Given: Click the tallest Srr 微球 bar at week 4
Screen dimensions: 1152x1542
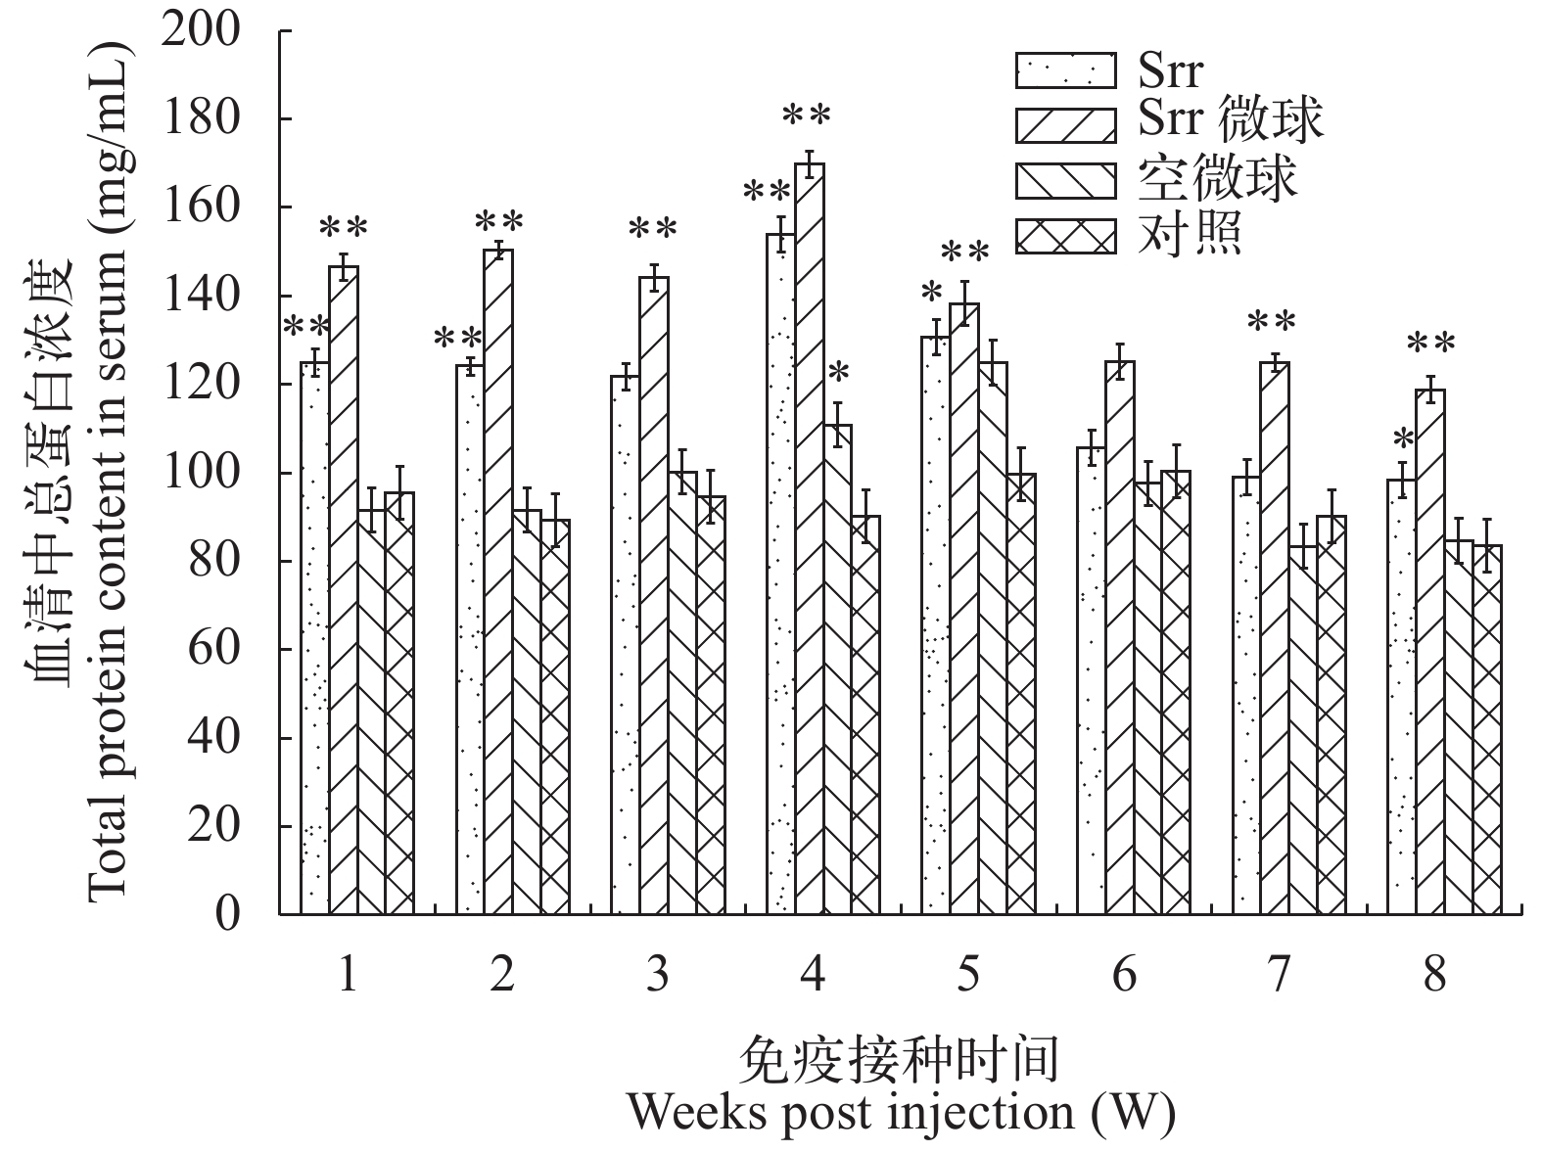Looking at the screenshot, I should [809, 538].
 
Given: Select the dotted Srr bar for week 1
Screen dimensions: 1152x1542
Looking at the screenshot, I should [314, 636].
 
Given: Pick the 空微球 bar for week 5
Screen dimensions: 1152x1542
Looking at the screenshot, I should [964, 636].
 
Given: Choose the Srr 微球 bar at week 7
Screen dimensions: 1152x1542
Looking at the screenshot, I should [1274, 636].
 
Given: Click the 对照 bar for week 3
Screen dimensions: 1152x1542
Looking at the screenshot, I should [711, 705].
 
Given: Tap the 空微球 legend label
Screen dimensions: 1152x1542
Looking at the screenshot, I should [1217, 179].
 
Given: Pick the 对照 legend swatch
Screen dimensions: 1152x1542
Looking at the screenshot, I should [1065, 236].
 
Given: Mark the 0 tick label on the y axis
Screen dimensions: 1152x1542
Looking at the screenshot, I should [227, 915].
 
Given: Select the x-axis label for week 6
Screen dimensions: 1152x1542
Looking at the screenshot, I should [1124, 976].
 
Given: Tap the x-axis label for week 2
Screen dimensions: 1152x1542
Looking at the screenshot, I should [502, 976].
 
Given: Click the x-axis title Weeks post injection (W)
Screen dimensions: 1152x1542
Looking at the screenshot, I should [901, 1113].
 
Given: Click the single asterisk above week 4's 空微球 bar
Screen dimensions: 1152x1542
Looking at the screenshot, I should [839, 374].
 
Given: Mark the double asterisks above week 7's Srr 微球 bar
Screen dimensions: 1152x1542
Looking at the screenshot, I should [1272, 322].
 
